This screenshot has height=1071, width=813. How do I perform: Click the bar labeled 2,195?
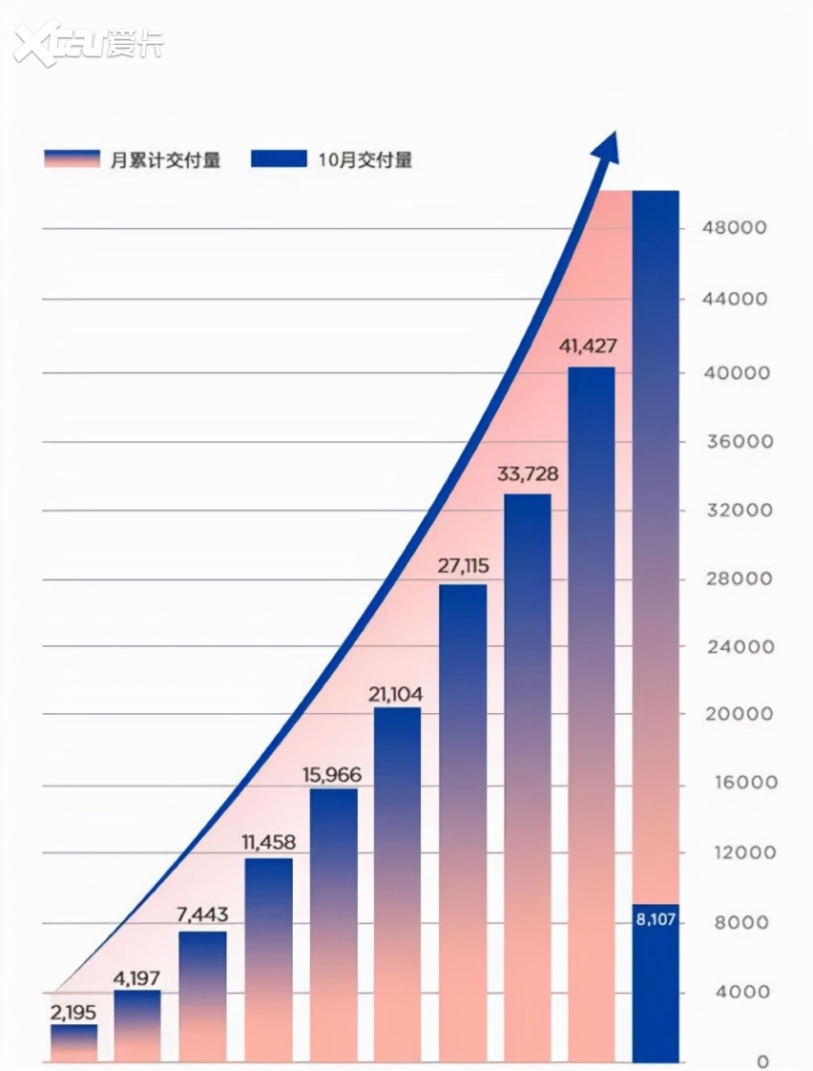click(x=74, y=1042)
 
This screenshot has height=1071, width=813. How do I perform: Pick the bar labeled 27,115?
click(x=463, y=822)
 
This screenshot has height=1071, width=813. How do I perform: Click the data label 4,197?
click(x=138, y=977)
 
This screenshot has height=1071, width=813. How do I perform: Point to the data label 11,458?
click(x=268, y=843)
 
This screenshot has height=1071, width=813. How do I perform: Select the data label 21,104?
click(x=397, y=694)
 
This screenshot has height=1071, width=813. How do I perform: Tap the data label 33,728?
click(x=528, y=474)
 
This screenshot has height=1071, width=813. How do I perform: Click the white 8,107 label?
click(x=656, y=922)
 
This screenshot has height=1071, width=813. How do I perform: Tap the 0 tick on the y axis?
click(x=762, y=1061)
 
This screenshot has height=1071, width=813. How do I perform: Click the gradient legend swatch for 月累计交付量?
click(x=72, y=159)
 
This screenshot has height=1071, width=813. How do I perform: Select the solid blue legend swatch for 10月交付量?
click(x=279, y=159)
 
